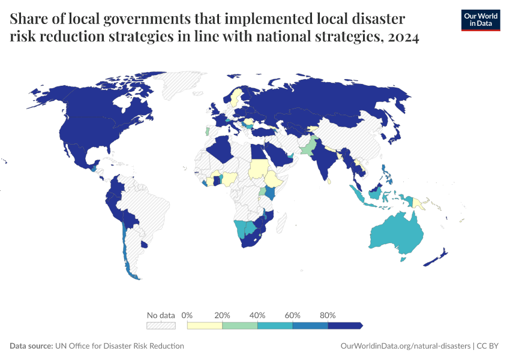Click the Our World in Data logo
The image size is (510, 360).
point(480,20)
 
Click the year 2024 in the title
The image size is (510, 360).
point(403,37)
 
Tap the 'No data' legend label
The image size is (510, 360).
point(161,315)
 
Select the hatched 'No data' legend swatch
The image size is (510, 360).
point(161,325)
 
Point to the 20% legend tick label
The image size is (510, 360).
point(222,315)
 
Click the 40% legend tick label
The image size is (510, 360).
point(257,315)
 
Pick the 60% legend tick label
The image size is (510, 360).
point(293,315)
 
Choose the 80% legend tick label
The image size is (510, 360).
point(328,315)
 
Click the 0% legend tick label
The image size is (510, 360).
point(187,315)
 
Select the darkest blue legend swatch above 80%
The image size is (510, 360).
point(345,325)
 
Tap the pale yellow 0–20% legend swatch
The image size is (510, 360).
point(205,325)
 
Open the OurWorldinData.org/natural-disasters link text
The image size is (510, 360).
point(405,346)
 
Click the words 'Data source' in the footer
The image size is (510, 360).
point(31,346)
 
